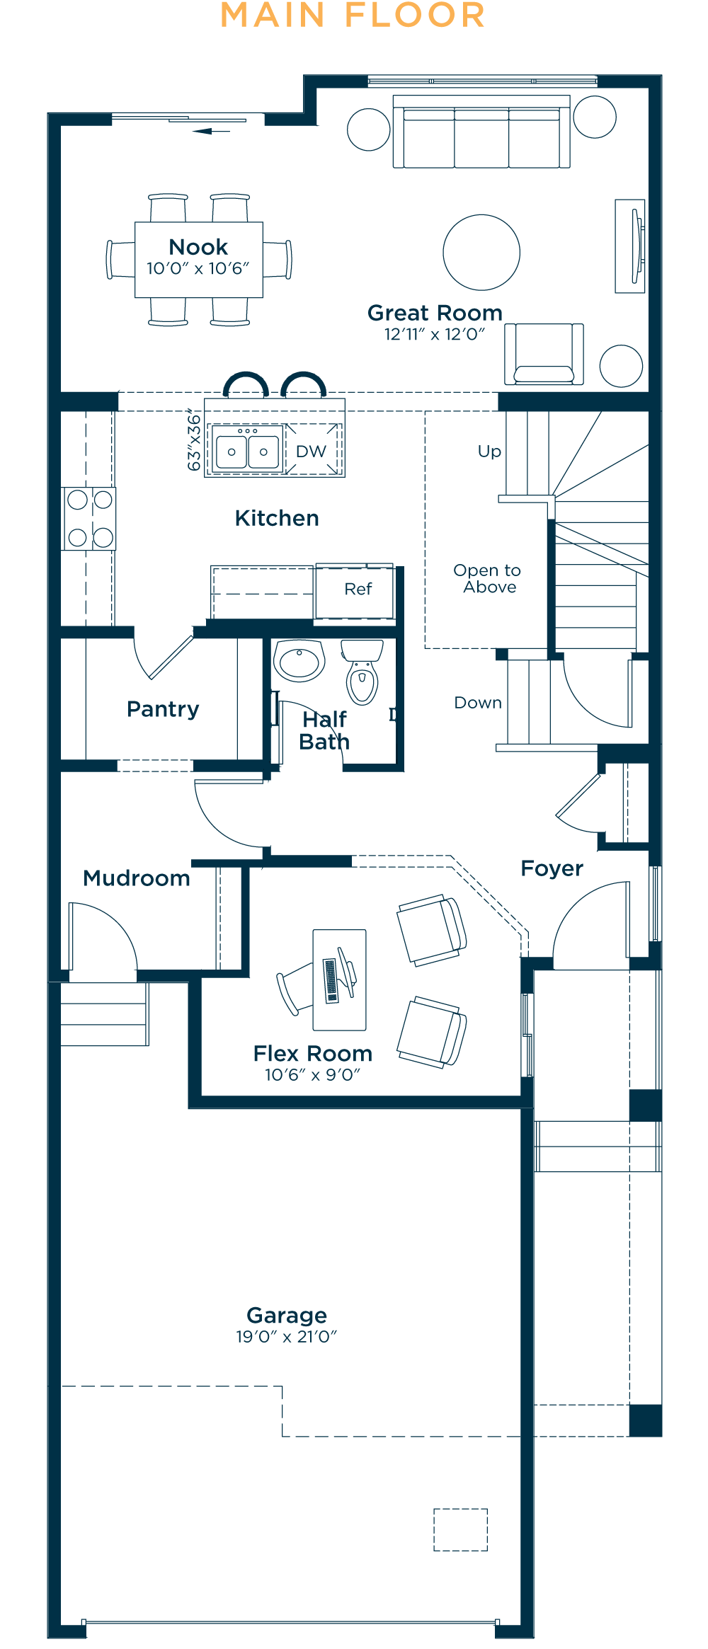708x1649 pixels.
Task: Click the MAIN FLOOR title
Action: coord(353,16)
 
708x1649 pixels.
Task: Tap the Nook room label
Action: coord(198,247)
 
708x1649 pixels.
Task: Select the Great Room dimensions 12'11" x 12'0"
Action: coord(435,334)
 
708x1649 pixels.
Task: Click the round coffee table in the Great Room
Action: coord(481,253)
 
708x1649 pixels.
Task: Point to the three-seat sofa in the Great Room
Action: coord(481,132)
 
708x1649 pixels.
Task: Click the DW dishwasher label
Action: coord(311,452)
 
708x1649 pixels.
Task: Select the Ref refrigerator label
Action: coord(358,589)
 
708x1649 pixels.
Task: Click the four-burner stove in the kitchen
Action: coord(88,519)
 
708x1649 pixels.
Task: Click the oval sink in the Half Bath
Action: coord(299,661)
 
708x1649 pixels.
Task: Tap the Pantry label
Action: coord(163,709)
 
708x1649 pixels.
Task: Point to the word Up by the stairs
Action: coord(489,452)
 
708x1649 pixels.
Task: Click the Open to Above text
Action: coord(487,579)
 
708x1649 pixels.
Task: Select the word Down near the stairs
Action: coord(478,703)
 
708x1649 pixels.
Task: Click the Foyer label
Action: coord(552,869)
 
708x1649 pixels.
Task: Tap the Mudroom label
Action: coord(137,878)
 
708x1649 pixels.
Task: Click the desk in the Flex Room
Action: coord(340,980)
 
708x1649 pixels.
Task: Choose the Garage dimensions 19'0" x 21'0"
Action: coord(286,1337)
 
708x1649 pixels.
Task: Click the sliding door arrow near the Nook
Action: coord(211,131)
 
